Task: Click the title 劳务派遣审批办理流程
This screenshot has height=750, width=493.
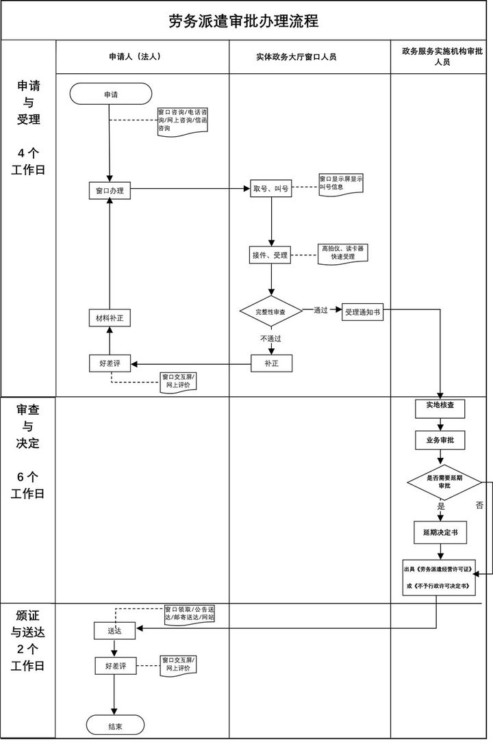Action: [x=244, y=21]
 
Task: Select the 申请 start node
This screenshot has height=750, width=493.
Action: [x=110, y=94]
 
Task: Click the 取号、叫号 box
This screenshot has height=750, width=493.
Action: [x=270, y=189]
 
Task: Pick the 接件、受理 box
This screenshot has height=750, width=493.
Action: [x=270, y=256]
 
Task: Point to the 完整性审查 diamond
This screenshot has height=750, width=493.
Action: [x=270, y=311]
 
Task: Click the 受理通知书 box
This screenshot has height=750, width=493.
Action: [x=362, y=311]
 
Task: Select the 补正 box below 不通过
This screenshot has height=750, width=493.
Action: [x=271, y=363]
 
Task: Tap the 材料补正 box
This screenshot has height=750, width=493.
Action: [x=110, y=318]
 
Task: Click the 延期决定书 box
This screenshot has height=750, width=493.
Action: [x=440, y=532]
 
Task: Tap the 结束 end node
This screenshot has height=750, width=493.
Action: [x=115, y=725]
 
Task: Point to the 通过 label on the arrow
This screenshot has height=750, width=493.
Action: [x=320, y=311]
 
